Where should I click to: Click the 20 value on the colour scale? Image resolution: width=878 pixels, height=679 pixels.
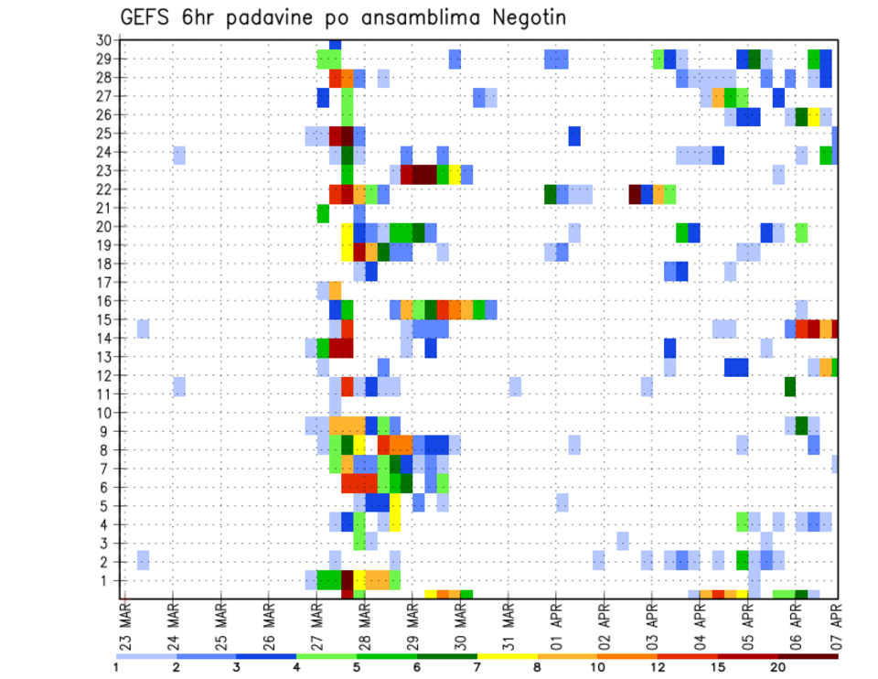click(778, 667)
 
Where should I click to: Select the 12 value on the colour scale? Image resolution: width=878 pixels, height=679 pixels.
click(658, 667)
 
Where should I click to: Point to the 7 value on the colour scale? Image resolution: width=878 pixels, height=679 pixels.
click(478, 667)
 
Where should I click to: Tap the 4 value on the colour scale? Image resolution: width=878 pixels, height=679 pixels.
click(296, 667)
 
